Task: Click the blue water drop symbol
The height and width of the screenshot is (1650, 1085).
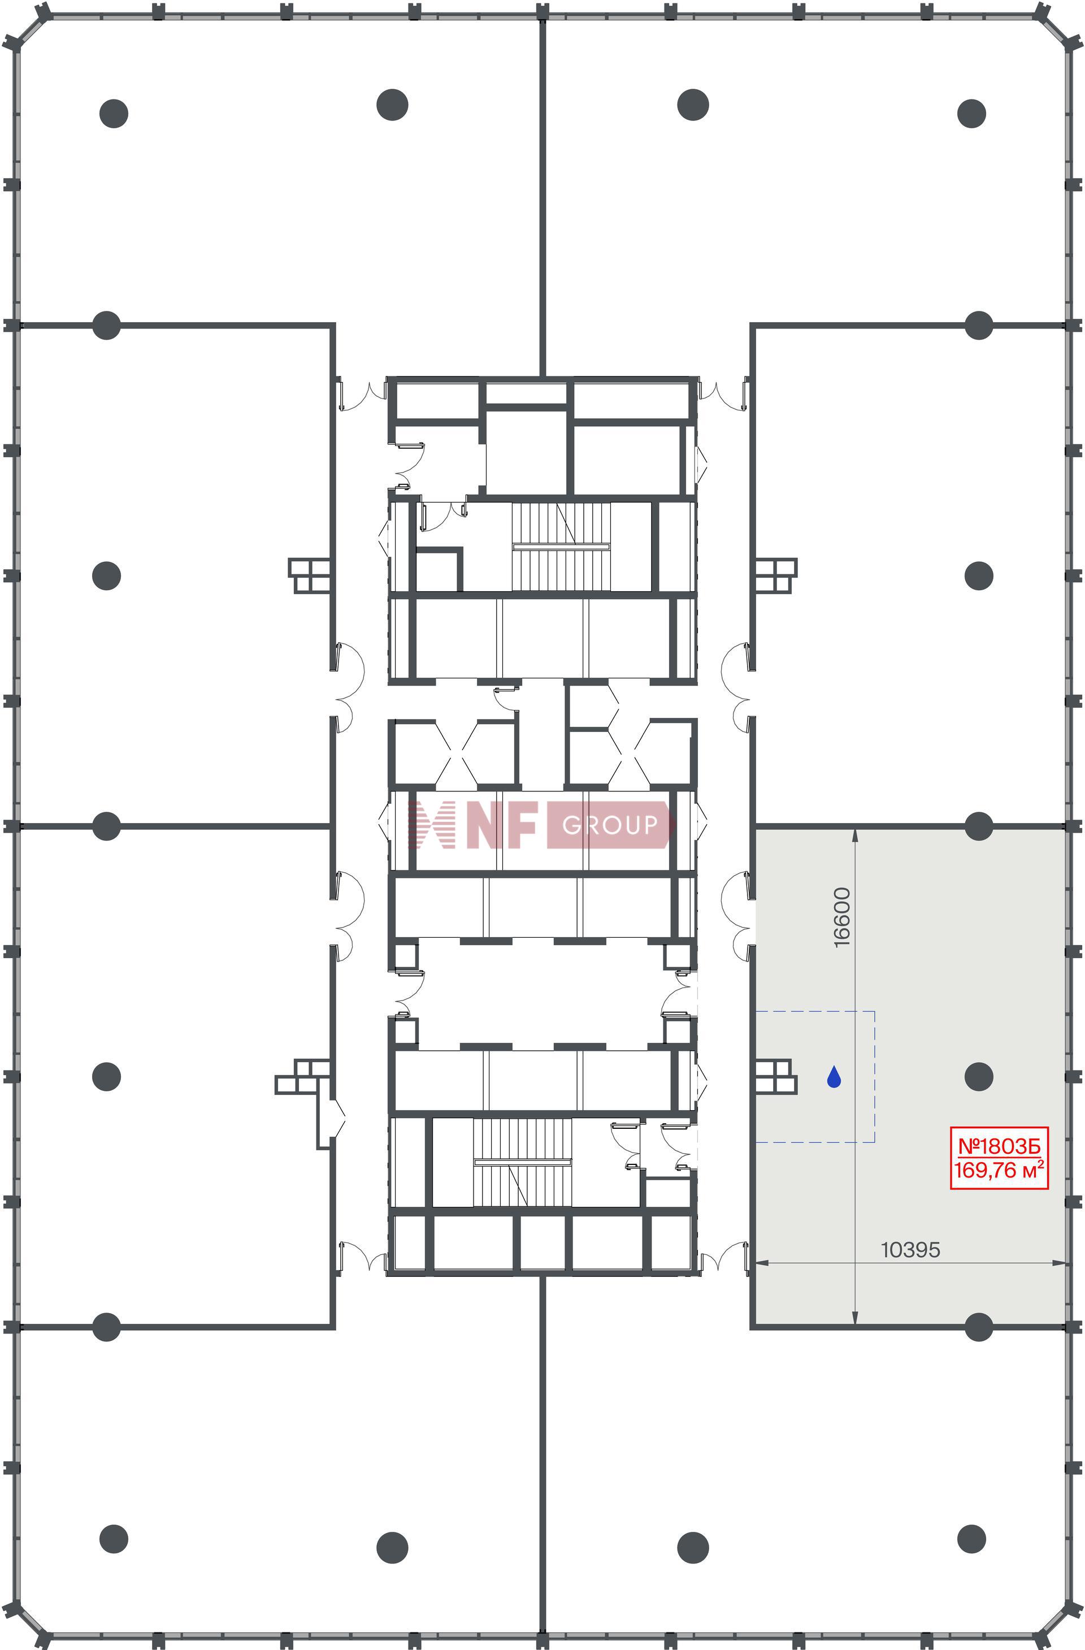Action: [x=834, y=1077]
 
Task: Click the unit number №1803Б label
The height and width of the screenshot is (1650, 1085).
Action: [x=999, y=1146]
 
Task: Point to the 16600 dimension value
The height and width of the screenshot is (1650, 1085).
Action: [x=841, y=917]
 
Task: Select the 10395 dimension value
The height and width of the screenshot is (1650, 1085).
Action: [x=910, y=1250]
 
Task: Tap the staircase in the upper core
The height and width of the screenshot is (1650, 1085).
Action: [x=561, y=546]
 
